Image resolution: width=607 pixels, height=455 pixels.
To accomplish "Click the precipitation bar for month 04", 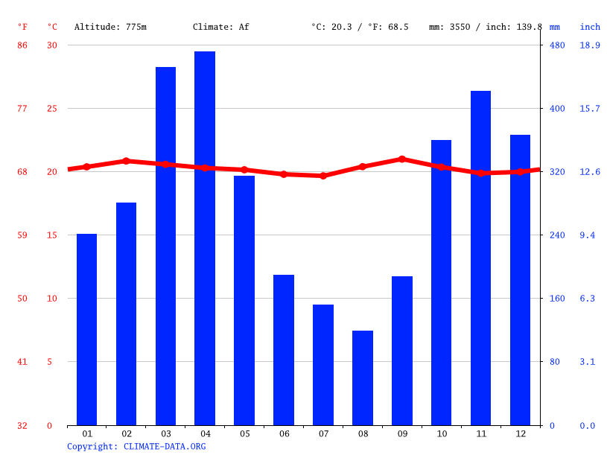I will tap(205, 238).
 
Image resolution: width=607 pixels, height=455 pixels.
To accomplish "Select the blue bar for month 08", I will tap(363, 378).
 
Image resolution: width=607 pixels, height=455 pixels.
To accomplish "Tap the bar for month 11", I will tap(480, 258).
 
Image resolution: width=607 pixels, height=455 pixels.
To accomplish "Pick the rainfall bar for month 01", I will tap(87, 329).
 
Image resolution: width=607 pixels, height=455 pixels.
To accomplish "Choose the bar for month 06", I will tap(284, 350).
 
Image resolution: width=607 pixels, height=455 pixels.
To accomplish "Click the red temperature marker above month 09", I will tap(402, 159).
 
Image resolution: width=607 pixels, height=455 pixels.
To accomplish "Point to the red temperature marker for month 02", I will tap(126, 161).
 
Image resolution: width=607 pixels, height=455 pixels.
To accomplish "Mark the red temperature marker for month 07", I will tap(323, 176).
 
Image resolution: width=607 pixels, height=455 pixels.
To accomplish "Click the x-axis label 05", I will tap(244, 433).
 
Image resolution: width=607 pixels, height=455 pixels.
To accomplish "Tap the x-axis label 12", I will tap(520, 433).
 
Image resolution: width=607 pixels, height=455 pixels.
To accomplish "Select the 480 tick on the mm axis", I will tap(557, 45).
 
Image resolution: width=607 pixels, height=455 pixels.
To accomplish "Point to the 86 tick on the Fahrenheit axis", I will tap(22, 45).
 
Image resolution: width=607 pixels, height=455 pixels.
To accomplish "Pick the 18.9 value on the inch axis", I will tap(590, 45).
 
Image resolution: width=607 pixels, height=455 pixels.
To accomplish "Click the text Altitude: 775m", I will tap(110, 27).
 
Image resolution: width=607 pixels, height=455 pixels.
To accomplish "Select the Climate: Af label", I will tap(221, 27).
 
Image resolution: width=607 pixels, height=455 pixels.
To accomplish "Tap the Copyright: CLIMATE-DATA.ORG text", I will tap(136, 446).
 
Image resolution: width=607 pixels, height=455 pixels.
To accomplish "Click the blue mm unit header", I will tap(555, 27).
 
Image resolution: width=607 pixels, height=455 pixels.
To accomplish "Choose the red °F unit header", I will tap(22, 27).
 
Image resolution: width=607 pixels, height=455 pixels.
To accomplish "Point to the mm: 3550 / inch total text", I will tap(486, 27).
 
